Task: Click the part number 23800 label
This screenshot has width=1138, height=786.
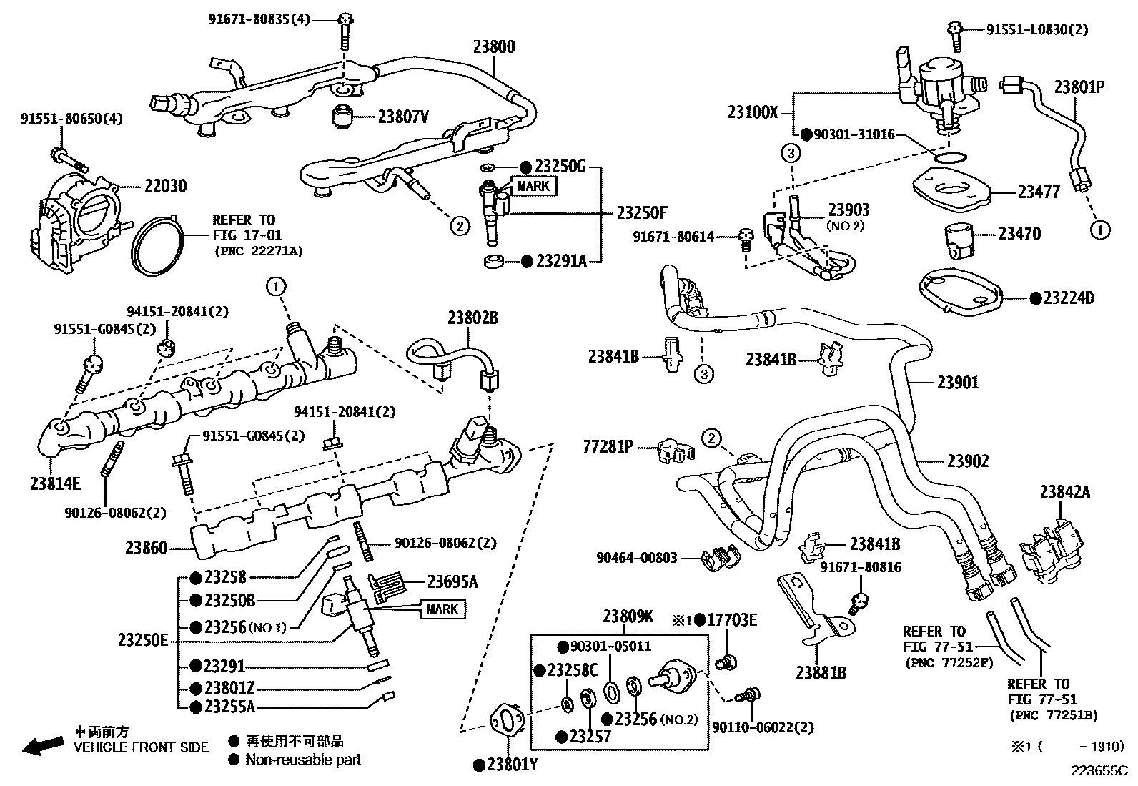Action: click(493, 47)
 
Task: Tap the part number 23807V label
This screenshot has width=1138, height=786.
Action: click(403, 116)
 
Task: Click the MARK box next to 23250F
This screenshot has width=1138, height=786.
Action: click(533, 186)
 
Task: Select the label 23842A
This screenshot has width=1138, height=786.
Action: click(1064, 492)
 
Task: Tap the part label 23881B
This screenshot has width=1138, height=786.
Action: click(821, 672)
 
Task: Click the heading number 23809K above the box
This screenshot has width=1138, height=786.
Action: click(628, 616)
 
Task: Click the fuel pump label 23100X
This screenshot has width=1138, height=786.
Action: click(753, 112)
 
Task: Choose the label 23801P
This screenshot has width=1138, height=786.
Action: click(1079, 87)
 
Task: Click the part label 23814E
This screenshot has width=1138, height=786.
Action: click(55, 483)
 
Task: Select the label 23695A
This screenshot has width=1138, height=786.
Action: click(452, 581)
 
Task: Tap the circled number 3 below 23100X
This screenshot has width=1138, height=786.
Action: click(789, 152)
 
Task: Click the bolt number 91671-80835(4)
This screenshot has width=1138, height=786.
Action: click(259, 19)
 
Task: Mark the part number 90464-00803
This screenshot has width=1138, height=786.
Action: click(637, 557)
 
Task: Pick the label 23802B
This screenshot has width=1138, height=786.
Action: click(472, 318)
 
